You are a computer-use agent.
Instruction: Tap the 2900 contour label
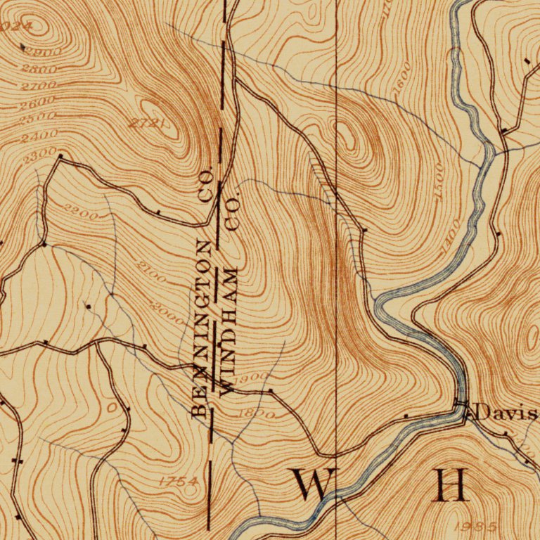coord(44,52)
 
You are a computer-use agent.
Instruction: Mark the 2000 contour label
coord(168,310)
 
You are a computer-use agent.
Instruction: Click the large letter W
coord(312,485)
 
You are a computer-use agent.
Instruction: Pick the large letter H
coord(450,485)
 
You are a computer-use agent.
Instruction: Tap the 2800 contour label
coord(39,69)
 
